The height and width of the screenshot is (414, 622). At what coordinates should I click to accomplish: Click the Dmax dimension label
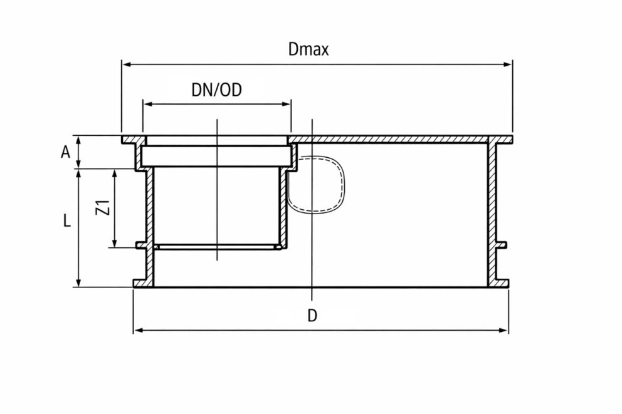[x=308, y=49]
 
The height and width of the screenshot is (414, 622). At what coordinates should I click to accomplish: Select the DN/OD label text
[x=216, y=90]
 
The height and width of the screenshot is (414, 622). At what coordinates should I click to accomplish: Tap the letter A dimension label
[x=65, y=152]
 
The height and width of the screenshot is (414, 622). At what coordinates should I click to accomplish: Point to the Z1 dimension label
[x=103, y=207]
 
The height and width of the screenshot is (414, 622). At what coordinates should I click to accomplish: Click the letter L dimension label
[x=67, y=220]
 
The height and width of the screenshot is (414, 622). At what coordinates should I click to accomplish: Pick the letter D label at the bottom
[x=312, y=316]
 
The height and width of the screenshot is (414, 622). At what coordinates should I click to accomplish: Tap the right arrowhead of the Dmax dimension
[x=508, y=64]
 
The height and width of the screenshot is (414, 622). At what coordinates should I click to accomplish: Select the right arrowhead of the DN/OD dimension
[x=287, y=104]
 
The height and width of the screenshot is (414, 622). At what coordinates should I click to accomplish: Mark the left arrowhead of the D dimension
[x=138, y=330]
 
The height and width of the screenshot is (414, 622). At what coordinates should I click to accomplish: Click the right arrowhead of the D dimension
[x=503, y=330]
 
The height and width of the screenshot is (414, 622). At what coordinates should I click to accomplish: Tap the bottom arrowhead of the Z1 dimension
[x=115, y=243]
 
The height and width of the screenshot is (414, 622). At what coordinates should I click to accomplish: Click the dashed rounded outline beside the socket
[x=316, y=184]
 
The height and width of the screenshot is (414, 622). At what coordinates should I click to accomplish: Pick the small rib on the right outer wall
[x=502, y=246]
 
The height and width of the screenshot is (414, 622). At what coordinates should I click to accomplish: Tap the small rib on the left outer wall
[x=142, y=246]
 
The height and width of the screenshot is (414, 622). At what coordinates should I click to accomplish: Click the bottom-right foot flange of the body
[x=502, y=283]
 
